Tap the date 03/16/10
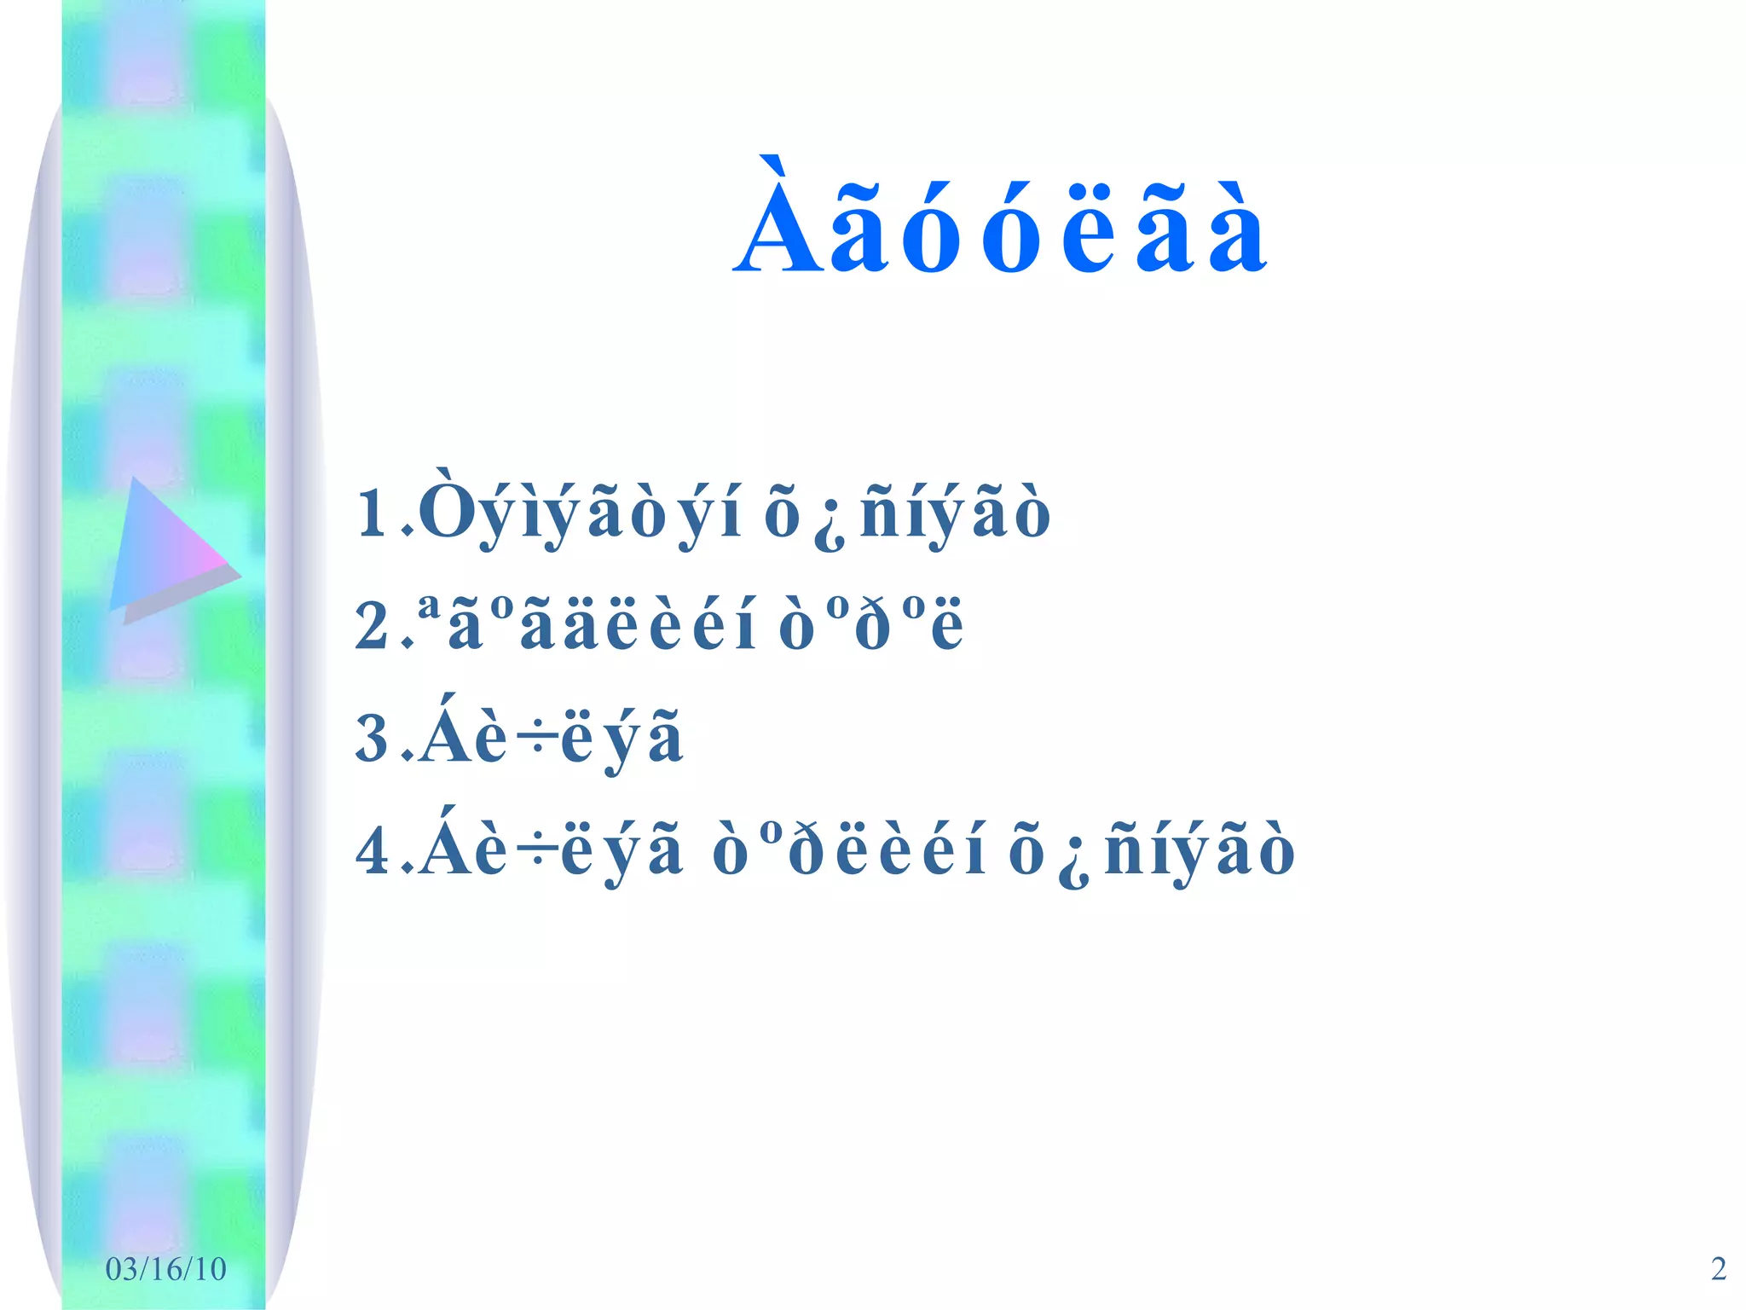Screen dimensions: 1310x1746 click(165, 1269)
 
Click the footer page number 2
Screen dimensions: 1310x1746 click(1719, 1269)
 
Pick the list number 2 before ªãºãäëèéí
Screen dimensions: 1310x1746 click(373, 626)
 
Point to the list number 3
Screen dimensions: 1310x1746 click(373, 738)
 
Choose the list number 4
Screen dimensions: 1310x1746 click(373, 850)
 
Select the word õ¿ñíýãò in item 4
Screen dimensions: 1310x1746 click(1151, 851)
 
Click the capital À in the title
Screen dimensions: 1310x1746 click(779, 220)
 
